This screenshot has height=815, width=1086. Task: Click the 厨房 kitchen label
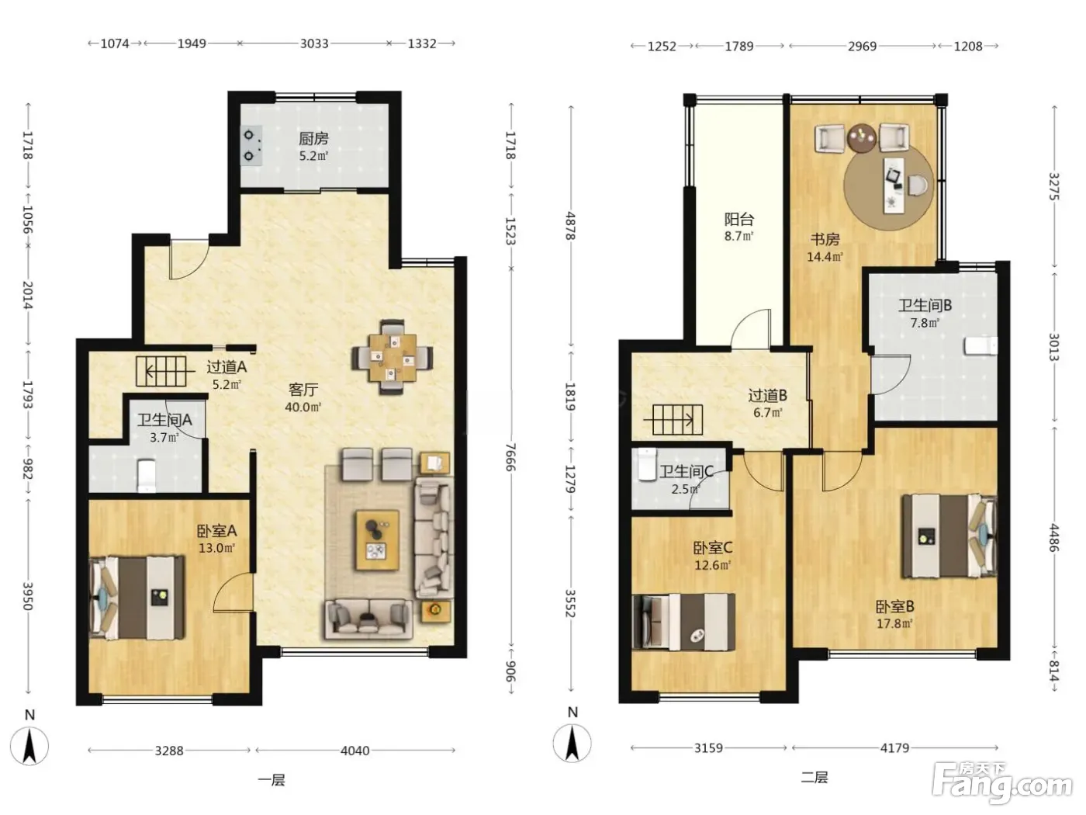click(313, 139)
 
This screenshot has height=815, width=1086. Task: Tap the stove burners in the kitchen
click(250, 145)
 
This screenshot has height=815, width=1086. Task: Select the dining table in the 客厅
click(393, 357)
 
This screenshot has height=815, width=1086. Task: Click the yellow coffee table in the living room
click(378, 540)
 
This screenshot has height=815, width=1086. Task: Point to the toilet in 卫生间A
click(147, 476)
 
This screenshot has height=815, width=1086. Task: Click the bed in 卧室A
click(137, 598)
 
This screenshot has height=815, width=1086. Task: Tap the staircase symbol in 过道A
click(161, 371)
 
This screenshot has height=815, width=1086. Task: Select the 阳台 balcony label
click(739, 219)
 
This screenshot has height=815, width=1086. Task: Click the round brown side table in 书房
click(861, 138)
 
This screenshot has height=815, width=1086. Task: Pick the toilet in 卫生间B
click(981, 345)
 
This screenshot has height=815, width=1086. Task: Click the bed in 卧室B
click(949, 536)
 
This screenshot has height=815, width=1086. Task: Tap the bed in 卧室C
click(683, 622)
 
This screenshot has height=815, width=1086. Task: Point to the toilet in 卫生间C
click(647, 464)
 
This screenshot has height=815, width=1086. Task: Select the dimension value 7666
click(510, 456)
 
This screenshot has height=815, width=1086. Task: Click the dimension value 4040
click(355, 751)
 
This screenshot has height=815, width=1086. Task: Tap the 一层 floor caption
click(271, 781)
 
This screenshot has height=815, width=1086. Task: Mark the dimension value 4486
click(1054, 537)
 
